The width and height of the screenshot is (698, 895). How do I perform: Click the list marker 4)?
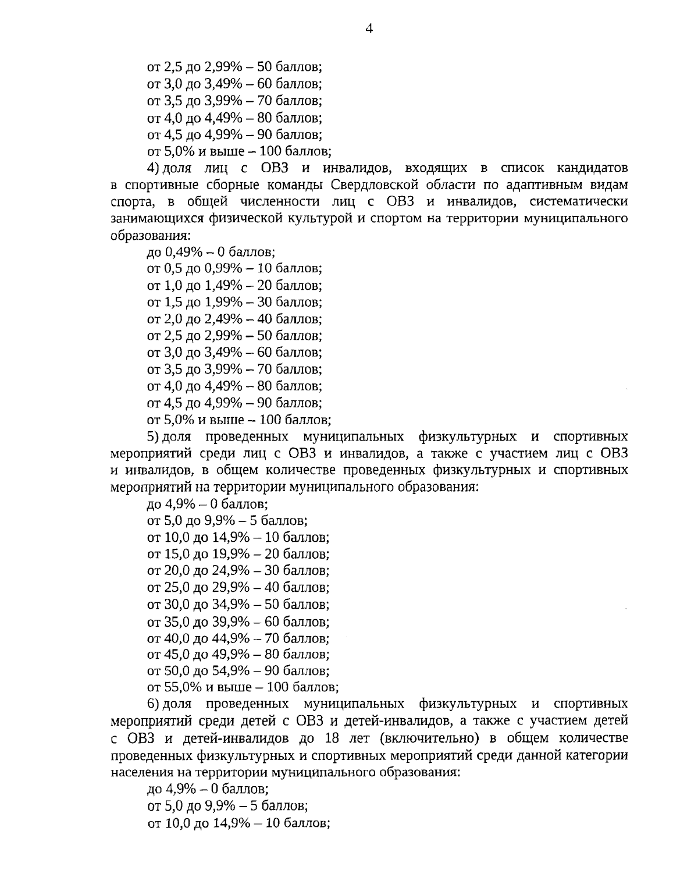(153, 169)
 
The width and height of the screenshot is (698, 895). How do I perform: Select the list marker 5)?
(153, 436)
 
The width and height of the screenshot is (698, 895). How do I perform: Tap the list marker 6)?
(153, 704)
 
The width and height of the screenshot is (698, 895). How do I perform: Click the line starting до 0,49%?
(211, 253)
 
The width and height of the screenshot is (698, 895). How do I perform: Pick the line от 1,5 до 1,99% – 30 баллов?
(234, 303)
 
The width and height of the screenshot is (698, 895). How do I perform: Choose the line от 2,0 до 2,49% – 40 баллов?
(234, 319)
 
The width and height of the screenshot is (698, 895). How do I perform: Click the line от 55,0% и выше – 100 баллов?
(243, 687)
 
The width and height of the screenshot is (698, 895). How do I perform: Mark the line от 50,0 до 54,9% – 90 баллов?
(238, 670)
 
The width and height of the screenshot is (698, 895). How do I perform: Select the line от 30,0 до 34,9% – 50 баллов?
(238, 604)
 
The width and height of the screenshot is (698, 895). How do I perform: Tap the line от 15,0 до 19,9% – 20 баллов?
(238, 554)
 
